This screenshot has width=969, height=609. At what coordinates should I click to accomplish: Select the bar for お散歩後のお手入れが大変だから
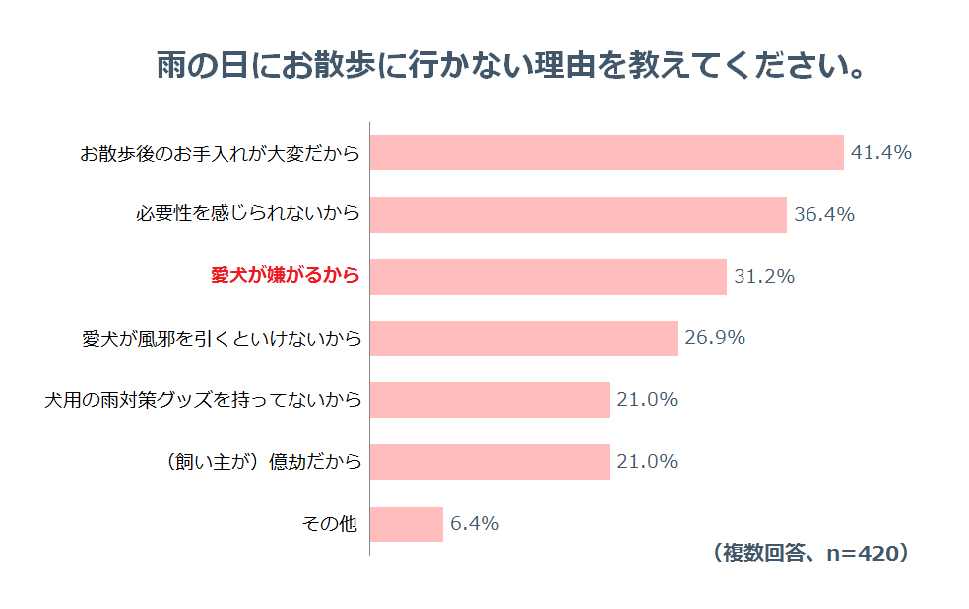(607, 153)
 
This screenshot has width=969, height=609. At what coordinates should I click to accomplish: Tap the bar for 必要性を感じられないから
(578, 215)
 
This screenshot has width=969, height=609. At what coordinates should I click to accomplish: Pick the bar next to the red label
(548, 277)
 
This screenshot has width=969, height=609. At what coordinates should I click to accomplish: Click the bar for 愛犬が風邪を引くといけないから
(523, 338)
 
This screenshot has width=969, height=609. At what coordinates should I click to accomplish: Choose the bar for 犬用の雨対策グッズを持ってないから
(489, 400)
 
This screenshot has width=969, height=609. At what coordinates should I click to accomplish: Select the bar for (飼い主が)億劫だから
(489, 462)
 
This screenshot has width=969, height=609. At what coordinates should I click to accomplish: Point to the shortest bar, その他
(407, 524)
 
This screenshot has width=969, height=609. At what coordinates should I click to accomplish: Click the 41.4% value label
(881, 153)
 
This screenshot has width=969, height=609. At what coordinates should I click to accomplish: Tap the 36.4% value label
(824, 215)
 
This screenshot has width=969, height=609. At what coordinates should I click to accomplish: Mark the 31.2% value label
(764, 277)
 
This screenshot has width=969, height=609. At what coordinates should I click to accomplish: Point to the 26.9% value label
(715, 338)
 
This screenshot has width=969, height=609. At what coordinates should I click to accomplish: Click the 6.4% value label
(475, 524)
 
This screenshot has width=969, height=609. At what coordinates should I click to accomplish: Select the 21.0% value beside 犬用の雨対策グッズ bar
(647, 400)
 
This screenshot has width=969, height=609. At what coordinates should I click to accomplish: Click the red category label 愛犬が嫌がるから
(286, 277)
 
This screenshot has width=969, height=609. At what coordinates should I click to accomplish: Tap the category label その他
(329, 524)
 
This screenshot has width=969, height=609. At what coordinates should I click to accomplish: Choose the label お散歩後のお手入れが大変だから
(220, 154)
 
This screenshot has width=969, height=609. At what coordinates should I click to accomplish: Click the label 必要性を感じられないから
(247, 215)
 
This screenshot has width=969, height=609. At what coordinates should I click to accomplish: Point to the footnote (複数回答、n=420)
(808, 554)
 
